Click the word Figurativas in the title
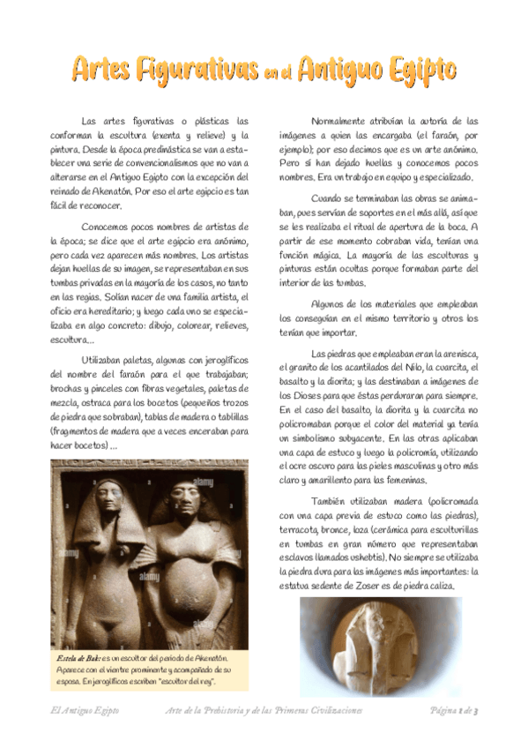[188, 67]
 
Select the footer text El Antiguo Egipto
[84, 710]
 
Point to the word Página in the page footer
[443, 710]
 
